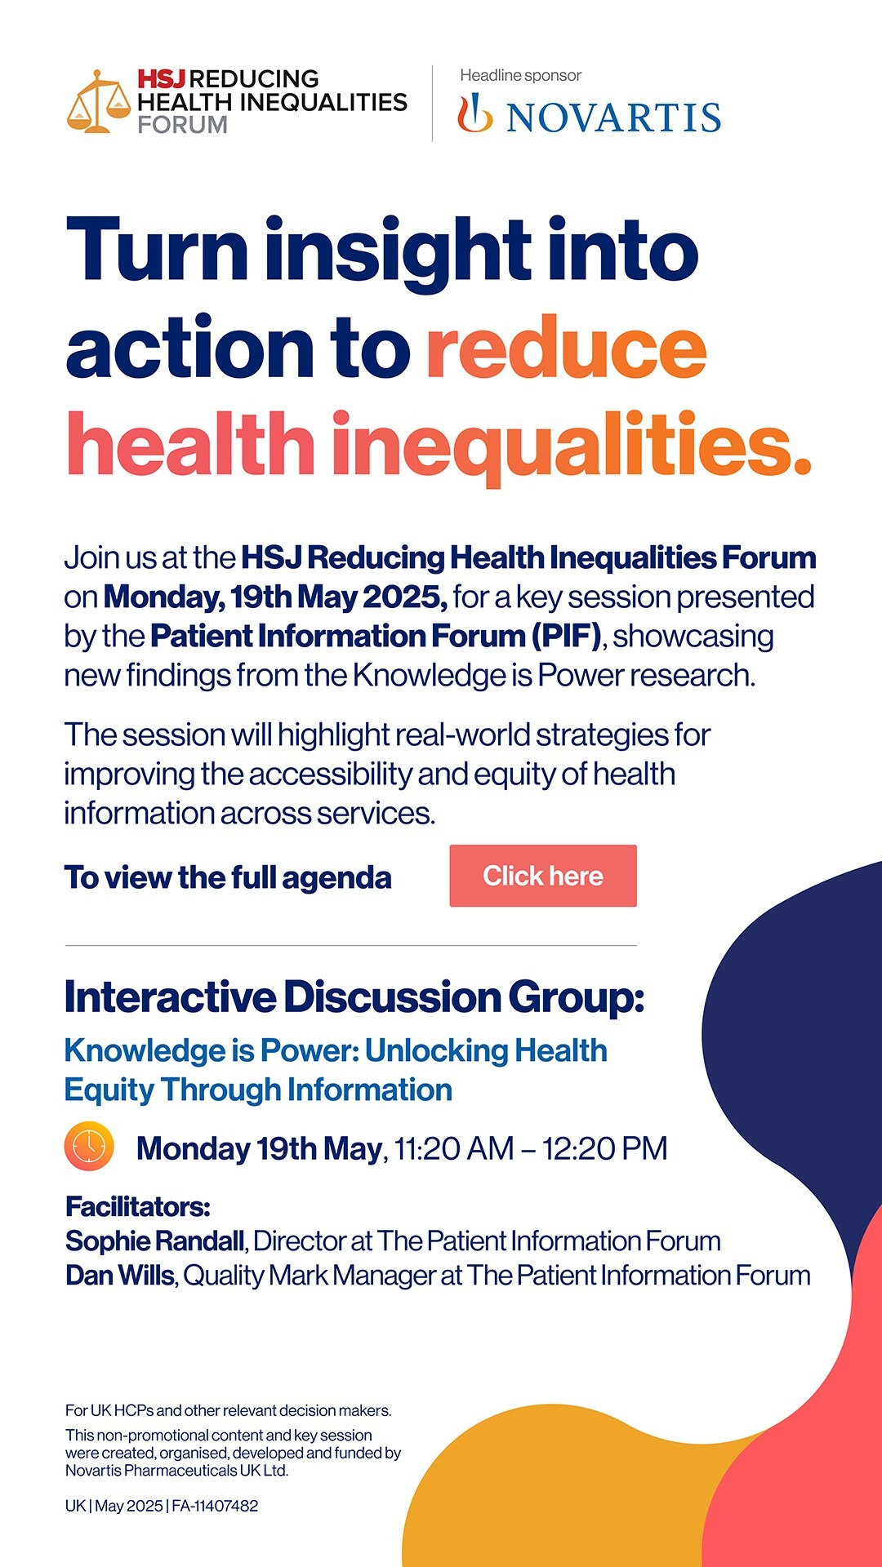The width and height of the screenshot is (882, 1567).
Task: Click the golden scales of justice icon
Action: pos(98,101)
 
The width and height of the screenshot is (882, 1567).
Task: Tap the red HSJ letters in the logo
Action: pos(162,79)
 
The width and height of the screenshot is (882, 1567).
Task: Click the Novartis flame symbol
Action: pos(474,113)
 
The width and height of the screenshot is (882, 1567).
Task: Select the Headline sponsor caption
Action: pos(520,75)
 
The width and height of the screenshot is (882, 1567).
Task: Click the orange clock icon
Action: pos(89,1147)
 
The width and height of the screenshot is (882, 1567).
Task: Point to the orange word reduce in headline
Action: pos(567,348)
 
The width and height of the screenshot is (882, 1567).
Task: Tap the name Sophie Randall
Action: pos(155,1241)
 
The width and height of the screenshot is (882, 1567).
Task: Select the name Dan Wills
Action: pos(120,1275)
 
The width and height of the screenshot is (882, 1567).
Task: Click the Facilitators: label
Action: pos(138,1206)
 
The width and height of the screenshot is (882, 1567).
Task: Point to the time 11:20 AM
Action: pos(454,1148)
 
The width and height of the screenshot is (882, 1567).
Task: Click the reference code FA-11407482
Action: pos(215,1506)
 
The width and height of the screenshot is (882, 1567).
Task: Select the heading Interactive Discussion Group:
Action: pos(354,997)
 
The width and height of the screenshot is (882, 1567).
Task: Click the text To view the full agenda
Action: pos(228,877)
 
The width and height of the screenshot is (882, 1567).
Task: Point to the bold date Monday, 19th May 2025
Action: pos(275,597)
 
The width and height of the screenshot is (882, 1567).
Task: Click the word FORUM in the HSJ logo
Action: pos(182,125)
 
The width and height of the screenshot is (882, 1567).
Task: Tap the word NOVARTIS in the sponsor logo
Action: pos(613,118)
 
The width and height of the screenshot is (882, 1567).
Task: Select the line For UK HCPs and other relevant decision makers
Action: pos(229,1410)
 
